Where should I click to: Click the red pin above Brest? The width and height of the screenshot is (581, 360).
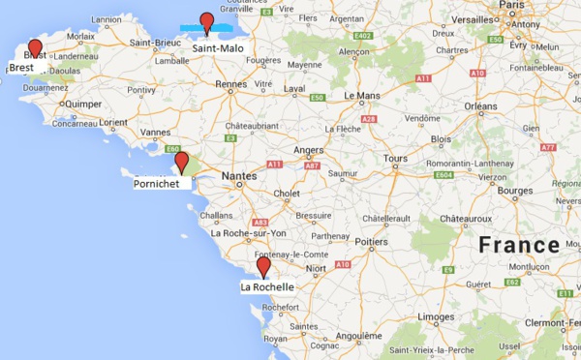point(36,48)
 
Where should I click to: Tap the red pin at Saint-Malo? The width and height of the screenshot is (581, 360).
point(206,21)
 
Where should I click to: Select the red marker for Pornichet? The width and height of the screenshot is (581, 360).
point(181,161)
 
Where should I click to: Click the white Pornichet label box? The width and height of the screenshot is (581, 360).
point(157,181)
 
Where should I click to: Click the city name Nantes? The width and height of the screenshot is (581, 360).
point(238,175)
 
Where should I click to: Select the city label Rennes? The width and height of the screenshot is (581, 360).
point(231,85)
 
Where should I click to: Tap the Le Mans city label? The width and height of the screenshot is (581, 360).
point(361,97)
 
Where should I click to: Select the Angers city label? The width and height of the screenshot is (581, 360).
point(308,150)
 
